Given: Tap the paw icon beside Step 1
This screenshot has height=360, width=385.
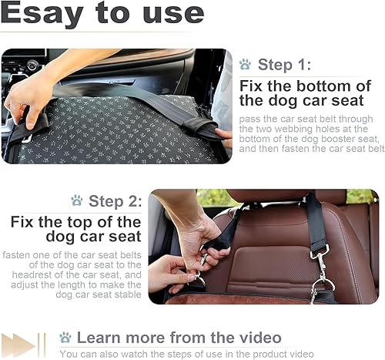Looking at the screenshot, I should coord(245,65).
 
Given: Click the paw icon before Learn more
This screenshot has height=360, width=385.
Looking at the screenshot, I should coord(65,337).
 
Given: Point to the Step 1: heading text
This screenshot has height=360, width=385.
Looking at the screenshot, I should coord(286,65).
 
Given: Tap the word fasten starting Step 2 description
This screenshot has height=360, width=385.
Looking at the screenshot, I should coord(18,254).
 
